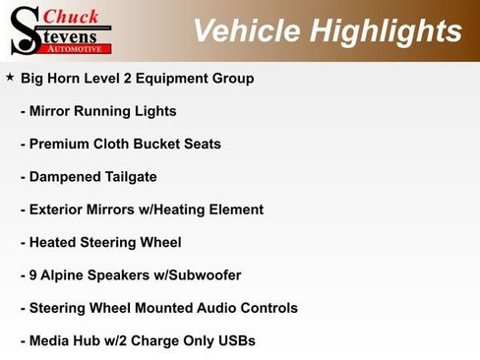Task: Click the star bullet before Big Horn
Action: pyautogui.click(x=10, y=76)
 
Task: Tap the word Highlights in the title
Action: pyautogui.click(x=384, y=30)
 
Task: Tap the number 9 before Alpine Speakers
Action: pyautogui.click(x=33, y=275)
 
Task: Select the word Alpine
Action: pyautogui.click(x=65, y=275)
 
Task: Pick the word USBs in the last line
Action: pyautogui.click(x=235, y=340)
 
